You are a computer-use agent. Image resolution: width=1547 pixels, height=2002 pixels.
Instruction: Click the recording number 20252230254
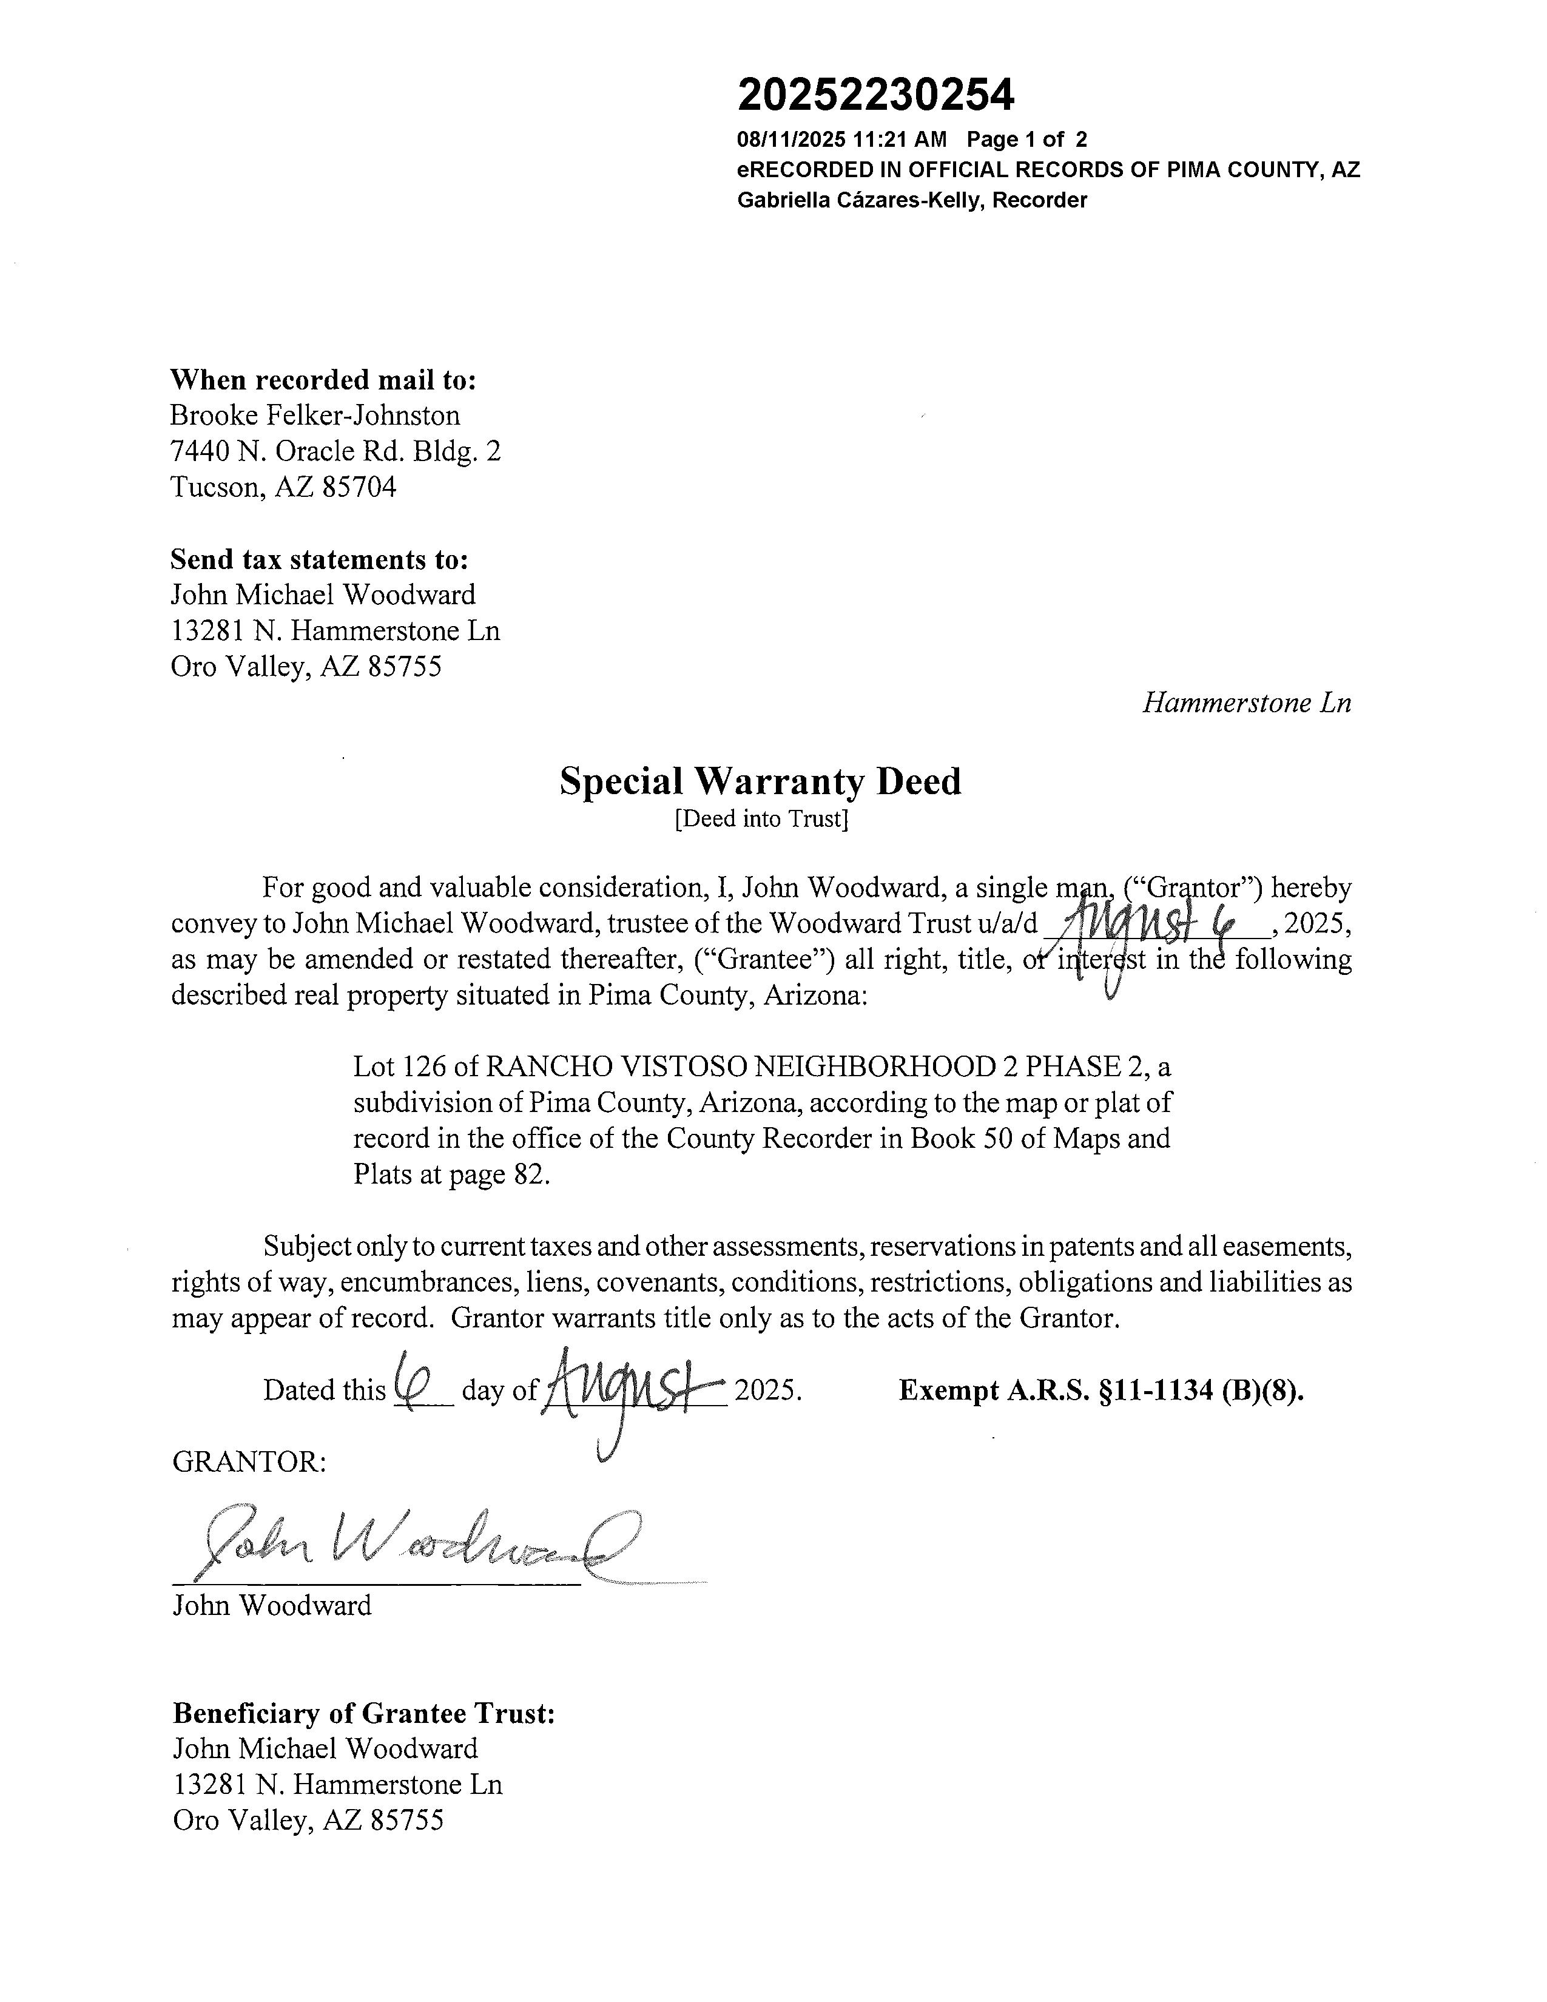point(875,95)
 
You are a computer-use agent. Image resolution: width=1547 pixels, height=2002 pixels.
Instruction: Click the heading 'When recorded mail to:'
point(323,380)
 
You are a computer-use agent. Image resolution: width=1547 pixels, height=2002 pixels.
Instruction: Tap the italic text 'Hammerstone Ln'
point(1247,703)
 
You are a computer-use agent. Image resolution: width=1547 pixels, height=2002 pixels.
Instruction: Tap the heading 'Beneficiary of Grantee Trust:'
point(364,1713)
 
